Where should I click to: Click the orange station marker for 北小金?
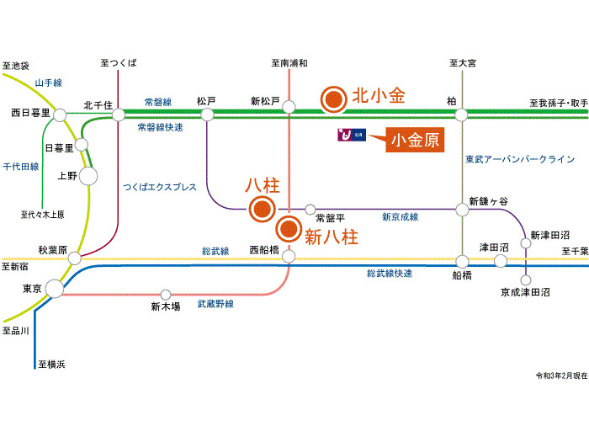coord(334,99)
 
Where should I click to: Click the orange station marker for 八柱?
coord(263,210)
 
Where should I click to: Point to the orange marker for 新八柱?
coord(289,227)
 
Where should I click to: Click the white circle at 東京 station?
coord(53,289)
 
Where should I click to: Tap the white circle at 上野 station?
coord(88,176)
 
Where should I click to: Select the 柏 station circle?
coord(460,114)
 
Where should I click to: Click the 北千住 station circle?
coord(118,114)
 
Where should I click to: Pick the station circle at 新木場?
coord(166,295)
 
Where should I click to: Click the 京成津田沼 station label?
coord(525,292)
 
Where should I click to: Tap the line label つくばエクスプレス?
coord(159,187)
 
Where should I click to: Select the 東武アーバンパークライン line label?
coord(520,158)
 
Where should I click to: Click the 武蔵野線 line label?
coord(215,304)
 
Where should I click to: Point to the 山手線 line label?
coord(49,83)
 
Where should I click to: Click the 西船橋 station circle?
coord(289,255)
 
